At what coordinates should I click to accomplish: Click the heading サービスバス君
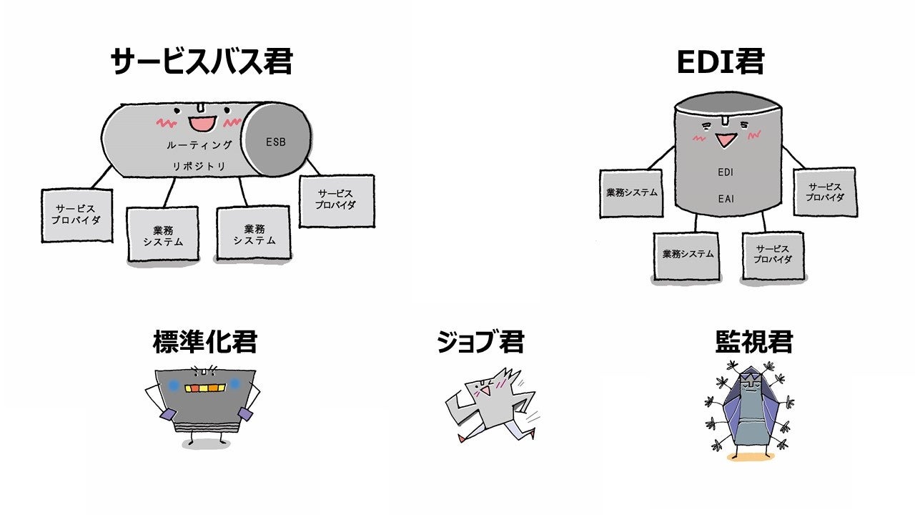(202, 62)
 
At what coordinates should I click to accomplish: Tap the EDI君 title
(720, 62)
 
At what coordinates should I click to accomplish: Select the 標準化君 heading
(204, 342)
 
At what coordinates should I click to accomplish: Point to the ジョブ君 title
(480, 342)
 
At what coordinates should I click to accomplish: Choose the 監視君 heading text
(753, 342)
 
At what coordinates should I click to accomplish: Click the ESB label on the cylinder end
(276, 142)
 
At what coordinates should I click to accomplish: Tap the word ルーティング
(199, 145)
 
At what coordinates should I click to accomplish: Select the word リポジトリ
(199, 166)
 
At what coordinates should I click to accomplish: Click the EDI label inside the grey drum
(726, 172)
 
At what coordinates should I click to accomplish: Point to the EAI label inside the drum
(726, 199)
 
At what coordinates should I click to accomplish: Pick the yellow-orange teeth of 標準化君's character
(205, 388)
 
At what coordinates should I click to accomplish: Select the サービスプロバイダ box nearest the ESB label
(336, 200)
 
